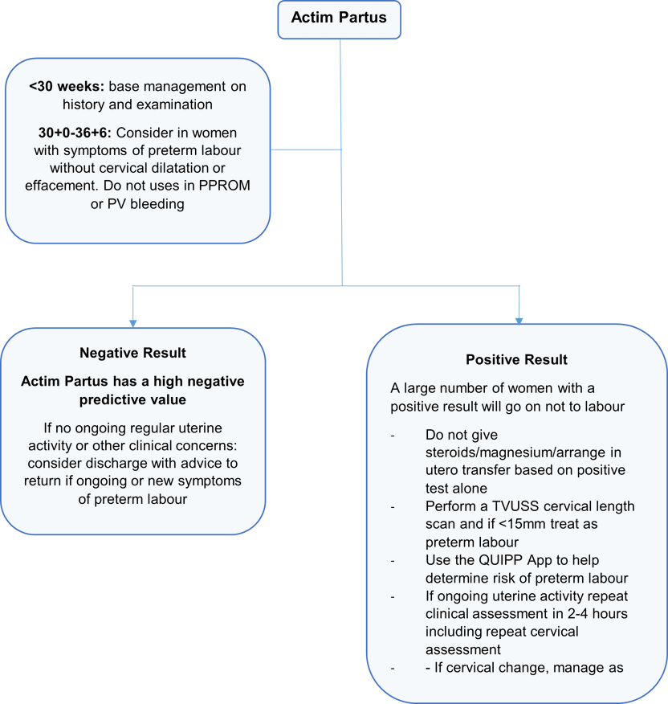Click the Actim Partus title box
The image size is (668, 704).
click(x=340, y=18)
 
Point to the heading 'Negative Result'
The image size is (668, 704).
click(x=132, y=353)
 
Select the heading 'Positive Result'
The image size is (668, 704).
click(x=516, y=359)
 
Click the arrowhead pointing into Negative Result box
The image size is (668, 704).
click(x=132, y=318)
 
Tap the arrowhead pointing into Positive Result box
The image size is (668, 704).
click(x=519, y=318)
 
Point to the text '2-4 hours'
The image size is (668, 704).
click(x=584, y=614)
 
